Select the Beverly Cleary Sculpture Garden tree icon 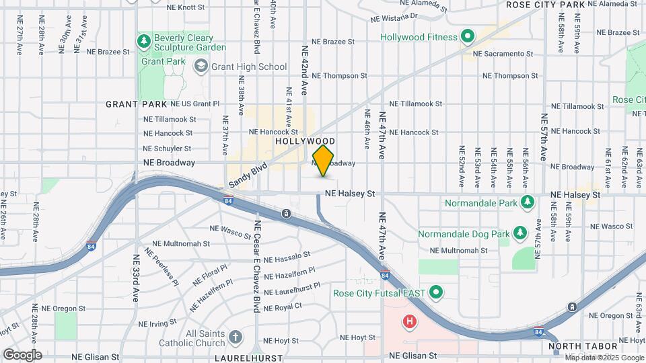(x=143, y=42)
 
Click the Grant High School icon (x=201, y=66)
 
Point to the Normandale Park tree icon (x=528, y=202)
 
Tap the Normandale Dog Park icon (x=519, y=233)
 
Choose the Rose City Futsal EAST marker (x=435, y=292)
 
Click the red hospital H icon (x=409, y=322)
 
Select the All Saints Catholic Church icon (x=235, y=337)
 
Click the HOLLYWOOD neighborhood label (x=305, y=141)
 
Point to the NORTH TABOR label (x=574, y=347)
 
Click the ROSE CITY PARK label (x=545, y=5)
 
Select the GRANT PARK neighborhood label (x=136, y=104)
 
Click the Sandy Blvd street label (x=248, y=175)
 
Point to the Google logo (x=22, y=354)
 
